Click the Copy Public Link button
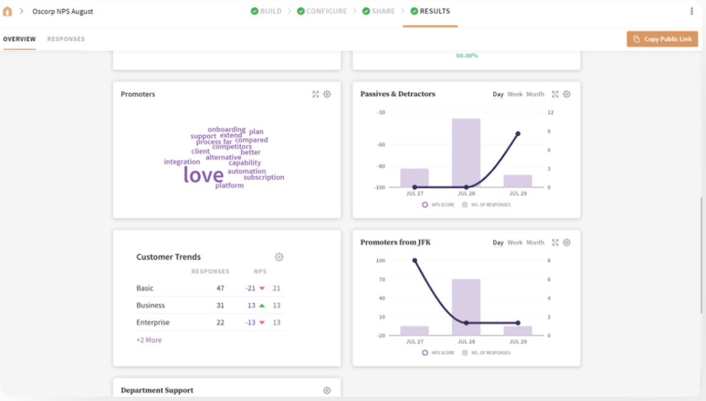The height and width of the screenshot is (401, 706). click(x=662, y=39)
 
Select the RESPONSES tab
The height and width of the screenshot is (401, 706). click(x=66, y=39)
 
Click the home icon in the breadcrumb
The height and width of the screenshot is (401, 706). click(x=7, y=12)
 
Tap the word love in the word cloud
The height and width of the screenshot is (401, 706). click(x=203, y=176)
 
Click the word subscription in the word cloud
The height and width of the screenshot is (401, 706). click(x=263, y=177)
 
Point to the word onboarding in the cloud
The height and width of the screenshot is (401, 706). click(x=226, y=130)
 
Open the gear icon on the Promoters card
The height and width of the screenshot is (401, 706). click(x=327, y=94)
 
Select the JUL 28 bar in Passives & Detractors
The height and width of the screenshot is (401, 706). click(x=466, y=152)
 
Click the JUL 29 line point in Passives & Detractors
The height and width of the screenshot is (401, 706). click(x=518, y=133)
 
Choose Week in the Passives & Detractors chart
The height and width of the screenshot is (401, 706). click(x=515, y=94)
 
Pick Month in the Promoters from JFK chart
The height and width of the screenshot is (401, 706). click(x=535, y=243)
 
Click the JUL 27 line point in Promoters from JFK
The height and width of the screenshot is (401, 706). click(x=415, y=260)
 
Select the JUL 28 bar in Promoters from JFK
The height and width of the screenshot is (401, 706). click(x=466, y=307)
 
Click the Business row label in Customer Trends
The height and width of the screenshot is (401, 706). click(x=151, y=305)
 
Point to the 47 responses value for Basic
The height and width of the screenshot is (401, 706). click(x=220, y=288)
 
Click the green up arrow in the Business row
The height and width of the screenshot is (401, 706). click(x=262, y=305)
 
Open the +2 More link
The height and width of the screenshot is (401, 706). click(x=149, y=340)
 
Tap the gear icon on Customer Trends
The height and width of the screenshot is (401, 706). click(x=279, y=257)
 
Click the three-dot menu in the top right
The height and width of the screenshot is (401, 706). click(x=691, y=11)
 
